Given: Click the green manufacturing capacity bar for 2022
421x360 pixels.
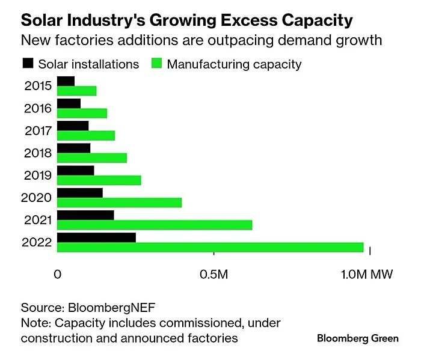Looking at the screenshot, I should click(x=210, y=248).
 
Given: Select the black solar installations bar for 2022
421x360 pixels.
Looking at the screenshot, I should click(x=96, y=237).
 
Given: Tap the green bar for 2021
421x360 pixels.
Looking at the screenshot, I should click(x=155, y=225).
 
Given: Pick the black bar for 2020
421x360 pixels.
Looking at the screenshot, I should click(x=80, y=192).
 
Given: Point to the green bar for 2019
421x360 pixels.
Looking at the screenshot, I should click(x=99, y=180).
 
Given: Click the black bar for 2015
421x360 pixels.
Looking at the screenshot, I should click(x=66, y=81).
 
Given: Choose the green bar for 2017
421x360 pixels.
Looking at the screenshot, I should click(x=86, y=136).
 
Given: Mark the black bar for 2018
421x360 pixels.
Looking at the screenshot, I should click(x=73, y=148).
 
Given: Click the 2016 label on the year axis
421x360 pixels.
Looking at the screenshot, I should click(x=38, y=108).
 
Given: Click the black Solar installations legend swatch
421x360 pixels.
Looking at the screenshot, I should click(x=27, y=63).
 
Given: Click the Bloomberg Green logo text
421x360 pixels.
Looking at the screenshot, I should click(x=357, y=338).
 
